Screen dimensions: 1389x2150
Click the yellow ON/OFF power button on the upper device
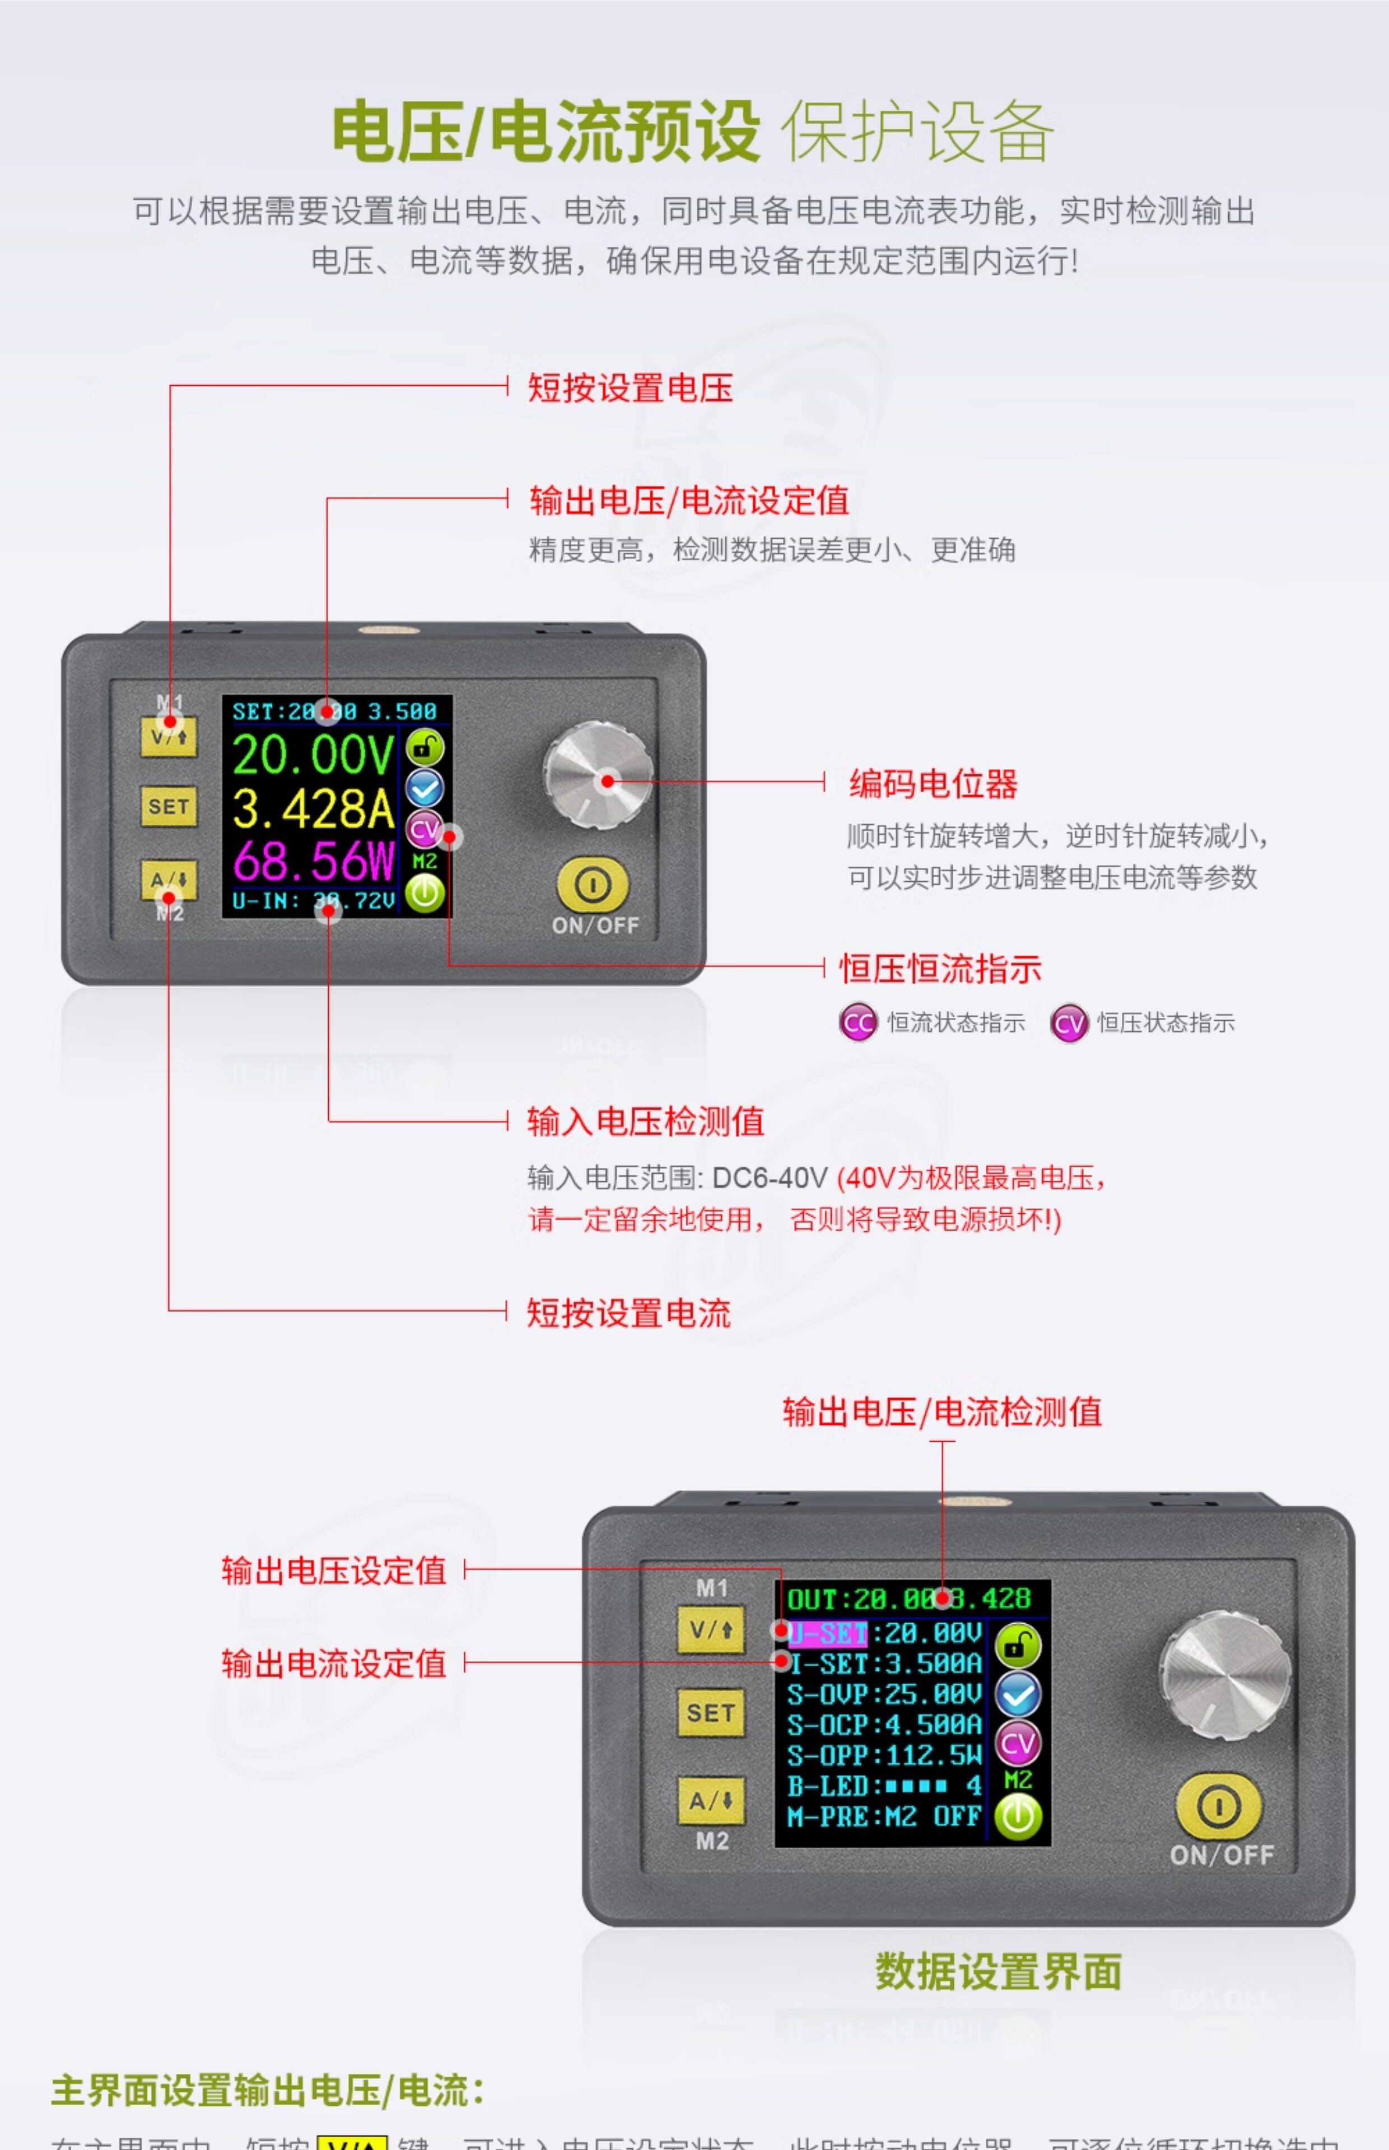tap(593, 885)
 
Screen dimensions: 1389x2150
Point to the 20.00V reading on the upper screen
tap(313, 755)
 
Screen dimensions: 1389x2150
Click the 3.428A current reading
tap(313, 808)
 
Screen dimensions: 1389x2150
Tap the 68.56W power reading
tap(313, 861)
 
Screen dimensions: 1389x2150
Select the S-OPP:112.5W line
tap(883, 1755)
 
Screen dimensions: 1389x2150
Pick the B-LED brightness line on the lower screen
tap(883, 1786)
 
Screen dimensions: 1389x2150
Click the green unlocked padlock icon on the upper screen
tap(425, 747)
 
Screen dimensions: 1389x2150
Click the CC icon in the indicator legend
tap(857, 1022)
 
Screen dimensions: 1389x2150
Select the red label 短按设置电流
tap(628, 1312)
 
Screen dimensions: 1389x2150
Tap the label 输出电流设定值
tap(334, 1663)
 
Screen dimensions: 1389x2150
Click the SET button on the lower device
tap(711, 1713)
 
